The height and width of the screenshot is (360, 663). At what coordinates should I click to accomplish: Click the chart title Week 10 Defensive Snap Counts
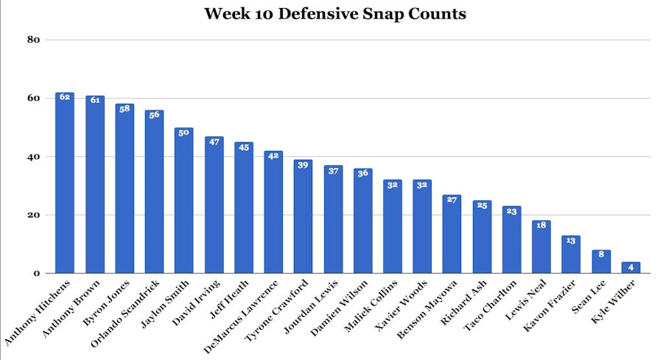click(x=335, y=14)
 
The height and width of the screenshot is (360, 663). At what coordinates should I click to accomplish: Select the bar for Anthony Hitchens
click(x=65, y=184)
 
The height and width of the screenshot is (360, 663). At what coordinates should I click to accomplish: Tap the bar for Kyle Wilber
click(x=631, y=268)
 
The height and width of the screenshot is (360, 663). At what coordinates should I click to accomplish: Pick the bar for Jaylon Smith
click(x=184, y=201)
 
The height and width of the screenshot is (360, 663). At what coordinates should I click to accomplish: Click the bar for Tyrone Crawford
click(x=303, y=217)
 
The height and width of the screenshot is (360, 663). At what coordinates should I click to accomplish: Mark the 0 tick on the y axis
click(x=35, y=274)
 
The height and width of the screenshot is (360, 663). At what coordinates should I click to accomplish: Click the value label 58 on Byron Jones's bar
click(x=124, y=109)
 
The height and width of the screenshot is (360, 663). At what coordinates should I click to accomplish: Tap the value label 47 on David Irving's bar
click(x=214, y=141)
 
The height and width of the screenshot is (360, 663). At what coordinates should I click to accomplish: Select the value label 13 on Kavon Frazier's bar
click(x=571, y=241)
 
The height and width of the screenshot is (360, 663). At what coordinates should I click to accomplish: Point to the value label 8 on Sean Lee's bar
click(x=601, y=255)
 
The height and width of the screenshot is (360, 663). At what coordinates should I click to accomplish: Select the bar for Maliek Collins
click(x=392, y=227)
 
